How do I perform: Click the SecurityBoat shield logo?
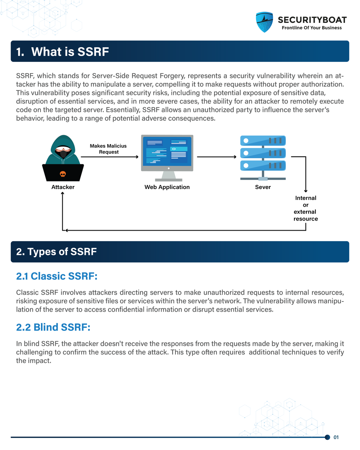coord(264,22)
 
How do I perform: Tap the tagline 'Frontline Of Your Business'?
coord(312,28)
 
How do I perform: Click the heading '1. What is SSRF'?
coord(62,51)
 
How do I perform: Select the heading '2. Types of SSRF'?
coord(56,252)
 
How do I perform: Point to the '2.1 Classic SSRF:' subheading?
coord(57,276)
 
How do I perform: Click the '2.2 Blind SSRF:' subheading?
coord(53,327)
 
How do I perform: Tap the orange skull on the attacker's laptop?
coord(63,174)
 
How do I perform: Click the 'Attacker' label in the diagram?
coord(63,187)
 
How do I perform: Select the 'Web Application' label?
coord(167,187)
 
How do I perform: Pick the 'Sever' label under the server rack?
coord(263,187)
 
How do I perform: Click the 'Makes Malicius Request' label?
coord(108,149)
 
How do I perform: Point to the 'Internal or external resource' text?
coord(306,208)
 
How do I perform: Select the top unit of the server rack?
coord(263,141)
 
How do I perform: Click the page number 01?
coord(336,437)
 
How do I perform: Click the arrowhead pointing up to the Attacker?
coord(63,196)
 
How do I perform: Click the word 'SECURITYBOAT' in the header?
coord(312,20)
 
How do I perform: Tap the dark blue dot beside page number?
coord(327,437)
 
